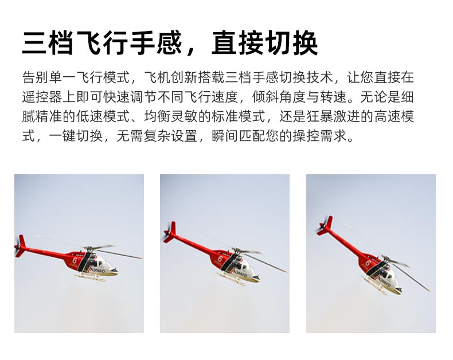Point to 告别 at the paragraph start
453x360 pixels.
(35, 77)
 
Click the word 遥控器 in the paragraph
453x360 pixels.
(42, 97)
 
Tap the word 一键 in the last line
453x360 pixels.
(63, 135)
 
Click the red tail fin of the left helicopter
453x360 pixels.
(21, 245)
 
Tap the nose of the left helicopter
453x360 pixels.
(114, 271)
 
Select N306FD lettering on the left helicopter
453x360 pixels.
(97, 271)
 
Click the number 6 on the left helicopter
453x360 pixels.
(75, 261)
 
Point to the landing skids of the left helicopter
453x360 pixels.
(90, 278)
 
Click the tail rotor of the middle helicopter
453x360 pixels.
(167, 233)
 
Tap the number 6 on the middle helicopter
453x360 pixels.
(220, 259)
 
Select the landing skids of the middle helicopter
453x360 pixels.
(232, 279)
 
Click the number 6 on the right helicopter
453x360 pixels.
(368, 263)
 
